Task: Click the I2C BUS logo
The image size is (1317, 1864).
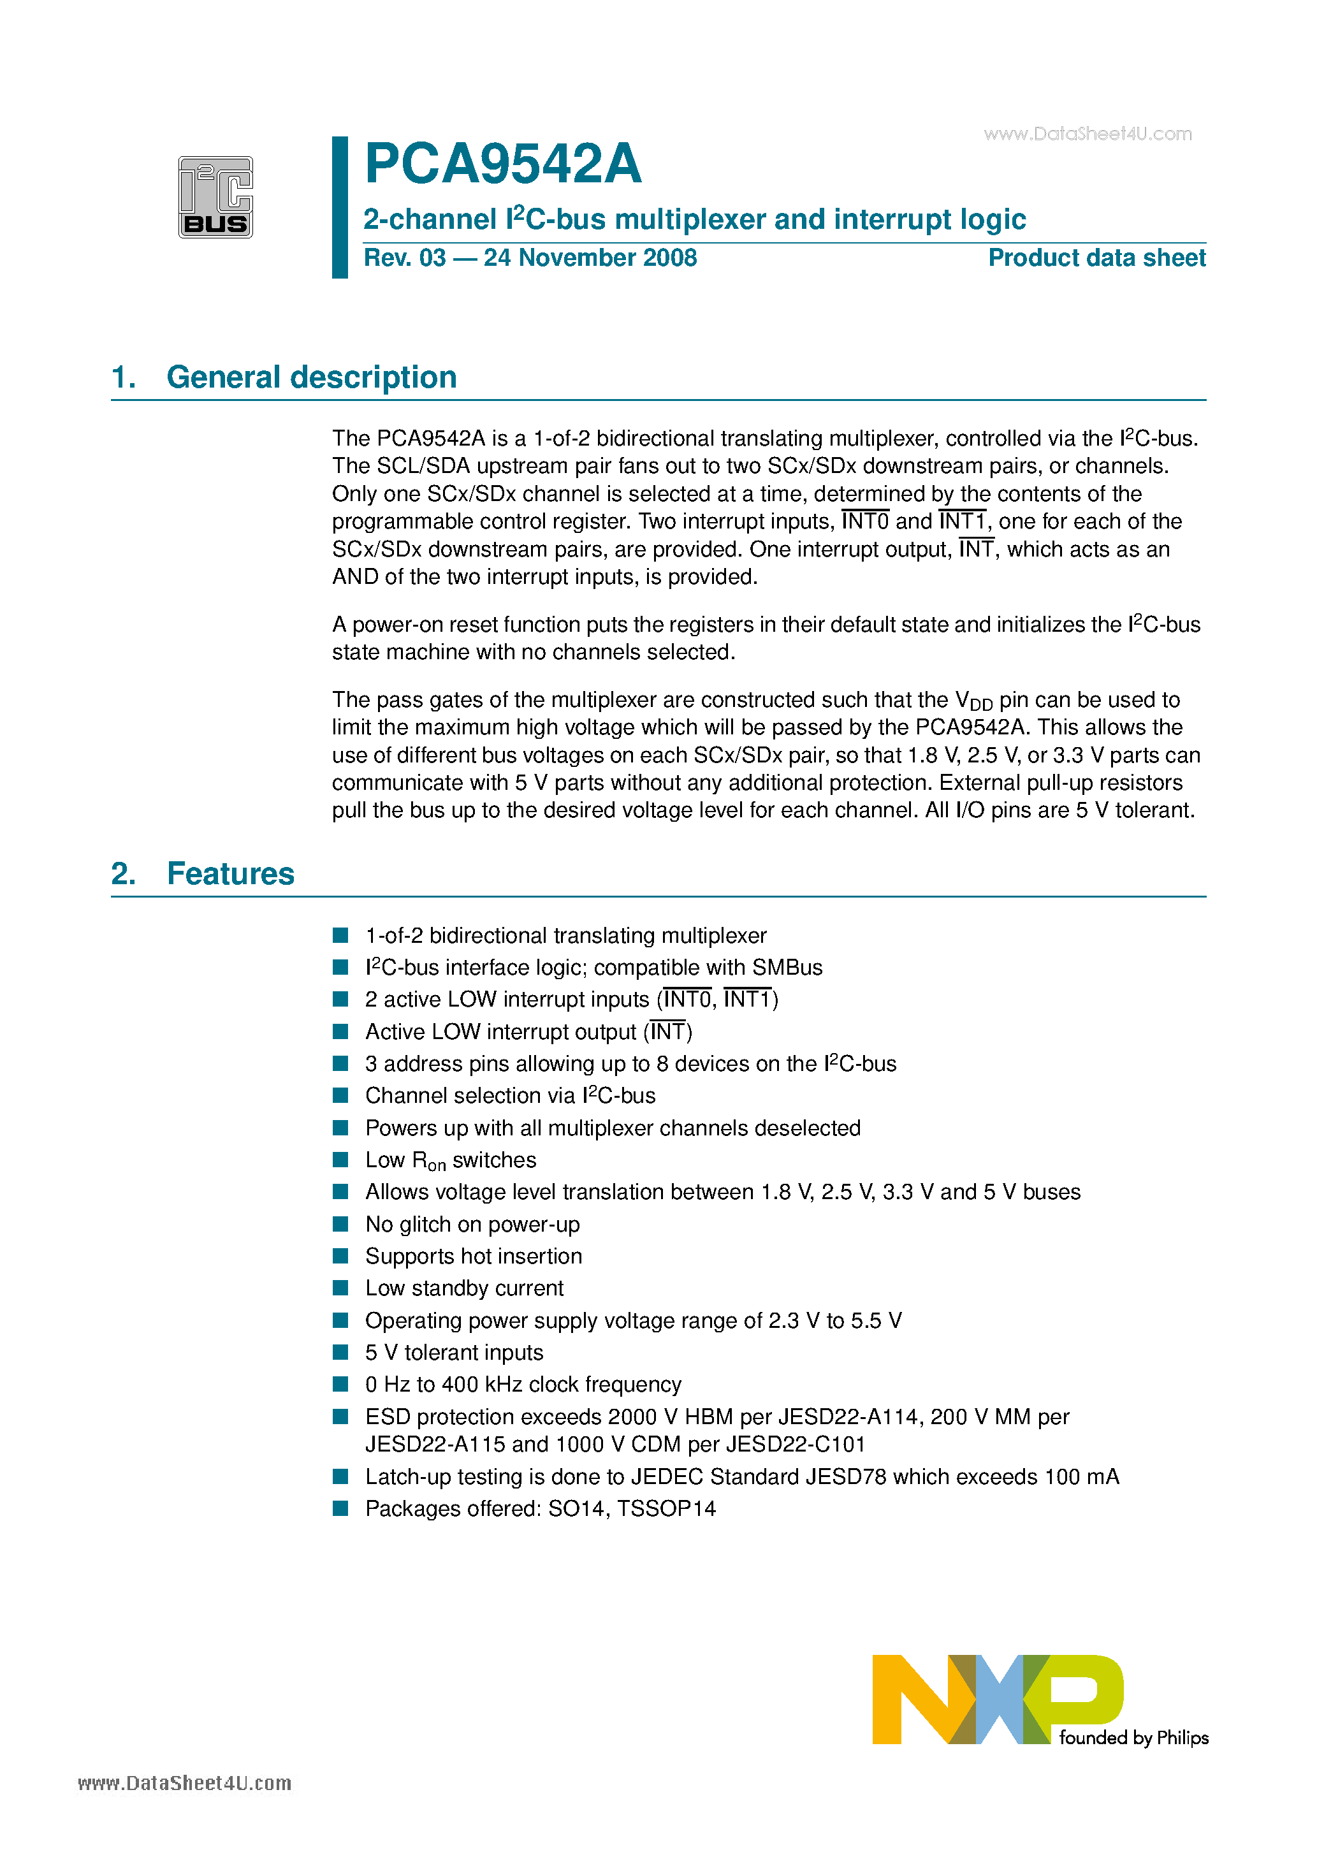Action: (215, 197)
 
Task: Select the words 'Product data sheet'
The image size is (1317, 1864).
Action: (1096, 258)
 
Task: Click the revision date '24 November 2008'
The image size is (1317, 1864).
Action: (590, 258)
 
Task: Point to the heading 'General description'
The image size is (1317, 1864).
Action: (311, 377)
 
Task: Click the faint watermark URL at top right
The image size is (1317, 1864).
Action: (1088, 134)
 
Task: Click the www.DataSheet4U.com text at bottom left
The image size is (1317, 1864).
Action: (184, 1784)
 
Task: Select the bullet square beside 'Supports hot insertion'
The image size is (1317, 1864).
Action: (341, 1256)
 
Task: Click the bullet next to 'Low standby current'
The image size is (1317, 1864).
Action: (341, 1288)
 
